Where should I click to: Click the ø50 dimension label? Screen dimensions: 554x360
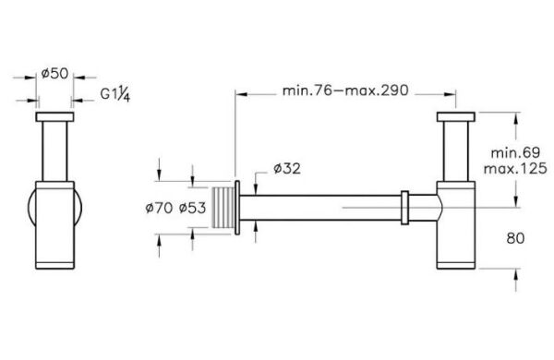point(54,74)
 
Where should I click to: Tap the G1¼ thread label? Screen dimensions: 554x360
point(115,94)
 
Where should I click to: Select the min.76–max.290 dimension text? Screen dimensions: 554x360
point(345,90)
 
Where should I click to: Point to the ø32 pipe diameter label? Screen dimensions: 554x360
point(287,169)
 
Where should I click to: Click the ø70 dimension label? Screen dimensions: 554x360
point(159,208)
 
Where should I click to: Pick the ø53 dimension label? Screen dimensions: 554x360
point(192,208)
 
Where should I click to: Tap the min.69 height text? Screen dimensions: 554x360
point(515,152)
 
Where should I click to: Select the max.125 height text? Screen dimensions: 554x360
point(515,169)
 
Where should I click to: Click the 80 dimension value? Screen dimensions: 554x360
point(515,238)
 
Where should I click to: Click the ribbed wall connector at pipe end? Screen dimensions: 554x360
point(223,208)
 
